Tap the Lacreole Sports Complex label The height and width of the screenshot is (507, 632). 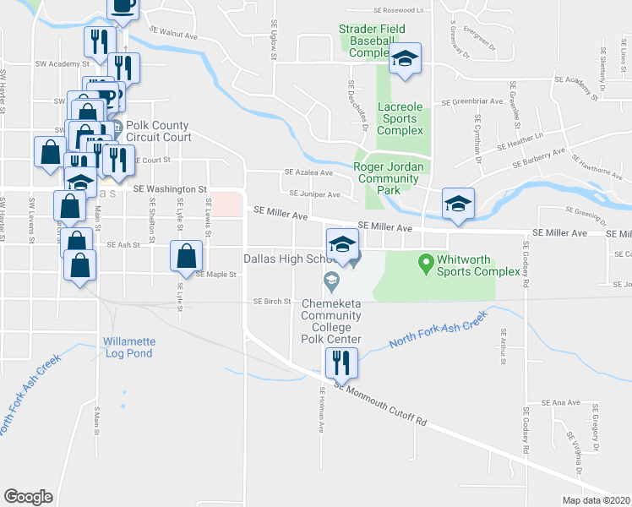click(x=400, y=119)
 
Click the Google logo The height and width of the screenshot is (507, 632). click(x=28, y=496)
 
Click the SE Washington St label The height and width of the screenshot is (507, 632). click(x=169, y=188)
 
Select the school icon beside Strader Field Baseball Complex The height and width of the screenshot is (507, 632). click(x=405, y=59)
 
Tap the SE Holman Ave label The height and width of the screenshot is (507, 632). click(x=322, y=410)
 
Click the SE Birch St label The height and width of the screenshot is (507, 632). click(x=272, y=301)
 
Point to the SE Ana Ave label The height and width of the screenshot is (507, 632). click(x=560, y=402)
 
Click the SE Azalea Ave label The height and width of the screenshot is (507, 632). click(x=308, y=172)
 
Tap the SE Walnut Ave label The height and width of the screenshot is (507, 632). click(x=173, y=32)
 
